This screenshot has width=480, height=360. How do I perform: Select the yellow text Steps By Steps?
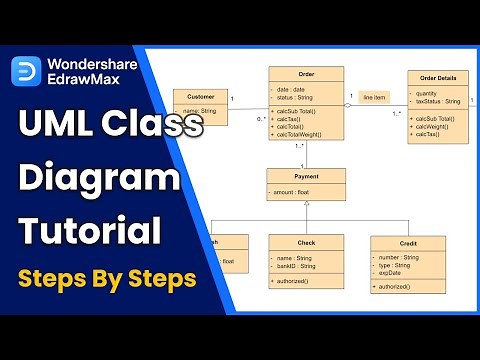coord(104,278)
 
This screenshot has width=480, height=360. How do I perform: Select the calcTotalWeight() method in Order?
coord(310,136)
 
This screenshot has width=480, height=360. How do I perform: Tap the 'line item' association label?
coord(374,96)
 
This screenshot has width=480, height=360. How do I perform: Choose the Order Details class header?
coord(438,78)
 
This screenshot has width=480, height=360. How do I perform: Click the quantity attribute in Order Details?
coord(432,94)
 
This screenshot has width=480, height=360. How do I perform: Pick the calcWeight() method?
coord(438,126)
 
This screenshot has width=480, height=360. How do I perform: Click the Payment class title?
coord(306,175)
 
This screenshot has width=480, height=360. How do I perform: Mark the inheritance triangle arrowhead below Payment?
coord(306,203)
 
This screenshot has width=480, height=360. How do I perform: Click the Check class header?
coord(306,241)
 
